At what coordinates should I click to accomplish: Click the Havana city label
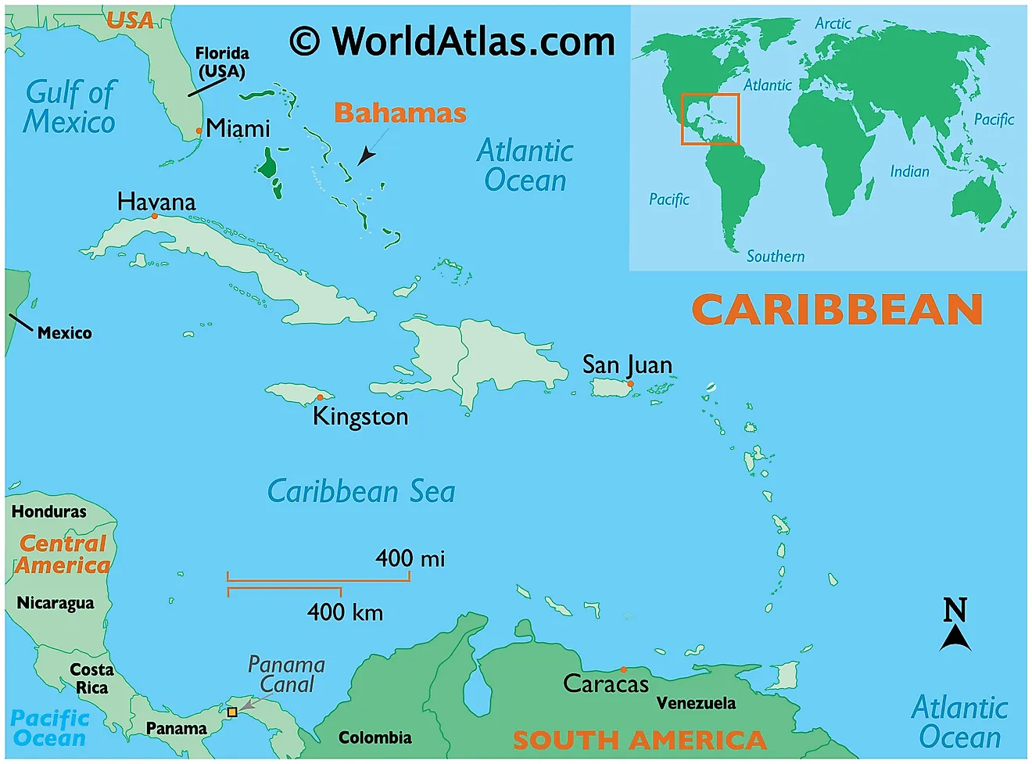click(156, 202)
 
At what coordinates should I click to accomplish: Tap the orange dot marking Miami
click(199, 131)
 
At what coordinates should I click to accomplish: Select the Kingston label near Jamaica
click(360, 416)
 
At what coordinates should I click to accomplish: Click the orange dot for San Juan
click(630, 384)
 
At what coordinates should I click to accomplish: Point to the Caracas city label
click(606, 684)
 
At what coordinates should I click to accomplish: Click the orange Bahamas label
click(400, 113)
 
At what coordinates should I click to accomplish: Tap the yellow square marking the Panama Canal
click(232, 712)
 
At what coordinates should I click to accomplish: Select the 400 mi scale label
click(410, 558)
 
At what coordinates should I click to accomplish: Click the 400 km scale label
click(345, 612)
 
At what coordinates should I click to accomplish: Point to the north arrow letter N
click(955, 610)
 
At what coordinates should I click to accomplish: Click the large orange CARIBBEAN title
click(837, 310)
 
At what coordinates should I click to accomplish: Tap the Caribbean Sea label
click(361, 492)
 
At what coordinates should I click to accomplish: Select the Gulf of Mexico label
click(70, 107)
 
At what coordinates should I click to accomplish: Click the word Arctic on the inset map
click(833, 23)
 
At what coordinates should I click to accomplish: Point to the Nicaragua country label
click(56, 603)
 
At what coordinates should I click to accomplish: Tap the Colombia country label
click(374, 737)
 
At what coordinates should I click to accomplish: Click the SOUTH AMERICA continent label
click(640, 740)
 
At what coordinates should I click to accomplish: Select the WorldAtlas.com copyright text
click(453, 41)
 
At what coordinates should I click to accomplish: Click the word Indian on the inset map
click(909, 171)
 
